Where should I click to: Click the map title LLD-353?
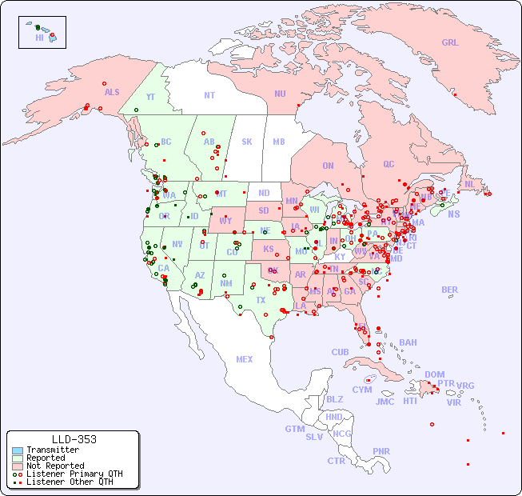point(74,439)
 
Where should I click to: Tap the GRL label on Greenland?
point(450,43)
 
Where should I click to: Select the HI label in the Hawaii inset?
point(39,38)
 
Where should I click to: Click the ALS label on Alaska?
point(112,93)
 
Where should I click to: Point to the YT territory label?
point(150,97)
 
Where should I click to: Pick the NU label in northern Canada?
point(280,94)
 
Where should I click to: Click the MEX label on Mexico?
point(245,359)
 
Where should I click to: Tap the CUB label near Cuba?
point(340,352)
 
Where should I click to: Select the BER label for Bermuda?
point(450,290)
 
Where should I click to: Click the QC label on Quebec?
point(389,165)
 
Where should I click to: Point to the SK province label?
point(247,142)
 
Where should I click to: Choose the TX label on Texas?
point(261,300)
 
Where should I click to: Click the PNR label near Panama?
point(381,451)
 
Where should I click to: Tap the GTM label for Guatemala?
point(294,429)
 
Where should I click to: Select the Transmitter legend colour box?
point(18,450)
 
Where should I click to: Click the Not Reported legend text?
point(55,466)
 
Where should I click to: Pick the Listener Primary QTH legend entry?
point(74,474)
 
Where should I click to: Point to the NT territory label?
point(209,95)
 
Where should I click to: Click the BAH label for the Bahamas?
point(408,342)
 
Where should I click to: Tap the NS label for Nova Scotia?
point(453,214)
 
